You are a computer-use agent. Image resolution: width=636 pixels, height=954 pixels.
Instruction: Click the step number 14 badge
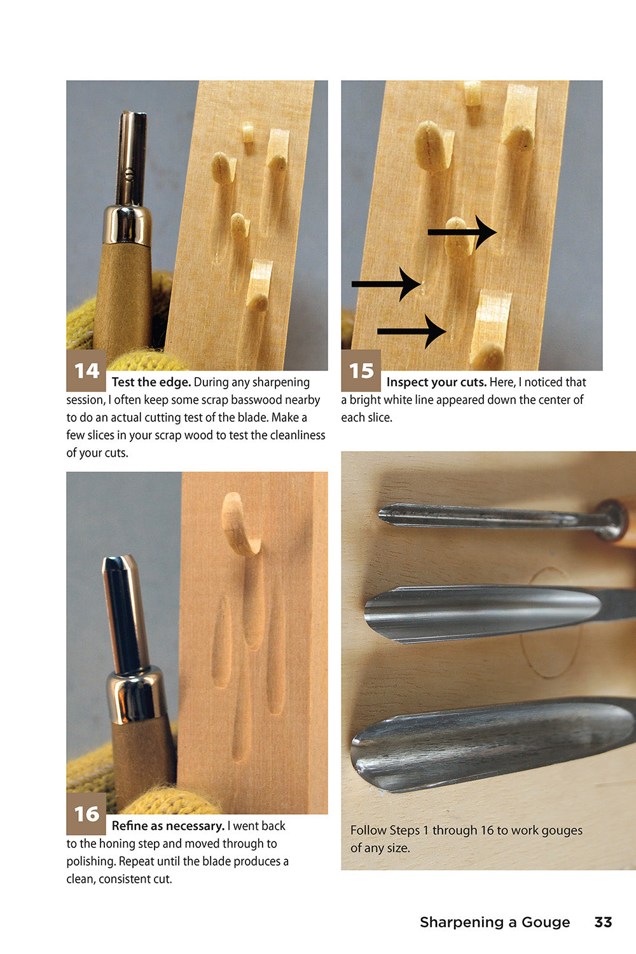pyautogui.click(x=86, y=370)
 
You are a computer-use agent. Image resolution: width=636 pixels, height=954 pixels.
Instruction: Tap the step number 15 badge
pyautogui.click(x=361, y=370)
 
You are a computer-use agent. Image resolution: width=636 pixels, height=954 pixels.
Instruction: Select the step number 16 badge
pyautogui.click(x=86, y=814)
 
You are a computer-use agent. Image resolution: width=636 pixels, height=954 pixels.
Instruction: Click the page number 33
pyautogui.click(x=602, y=922)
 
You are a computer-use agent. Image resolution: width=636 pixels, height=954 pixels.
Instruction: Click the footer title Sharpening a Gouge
pyautogui.click(x=494, y=922)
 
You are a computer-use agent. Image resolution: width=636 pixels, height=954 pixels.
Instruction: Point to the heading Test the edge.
pyautogui.click(x=151, y=382)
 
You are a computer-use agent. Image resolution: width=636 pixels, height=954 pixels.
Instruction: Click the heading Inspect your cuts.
pyautogui.click(x=436, y=382)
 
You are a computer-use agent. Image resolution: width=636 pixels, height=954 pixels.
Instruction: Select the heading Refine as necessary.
pyautogui.click(x=168, y=826)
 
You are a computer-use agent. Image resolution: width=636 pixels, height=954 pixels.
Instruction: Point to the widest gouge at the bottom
pyautogui.click(x=490, y=744)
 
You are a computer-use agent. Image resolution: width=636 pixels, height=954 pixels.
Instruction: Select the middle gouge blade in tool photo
pyautogui.click(x=483, y=612)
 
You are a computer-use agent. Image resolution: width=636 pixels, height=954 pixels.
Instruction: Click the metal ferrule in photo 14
pyautogui.click(x=128, y=225)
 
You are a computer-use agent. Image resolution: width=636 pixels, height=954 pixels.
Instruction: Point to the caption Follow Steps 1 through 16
pyautogui.click(x=466, y=839)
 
